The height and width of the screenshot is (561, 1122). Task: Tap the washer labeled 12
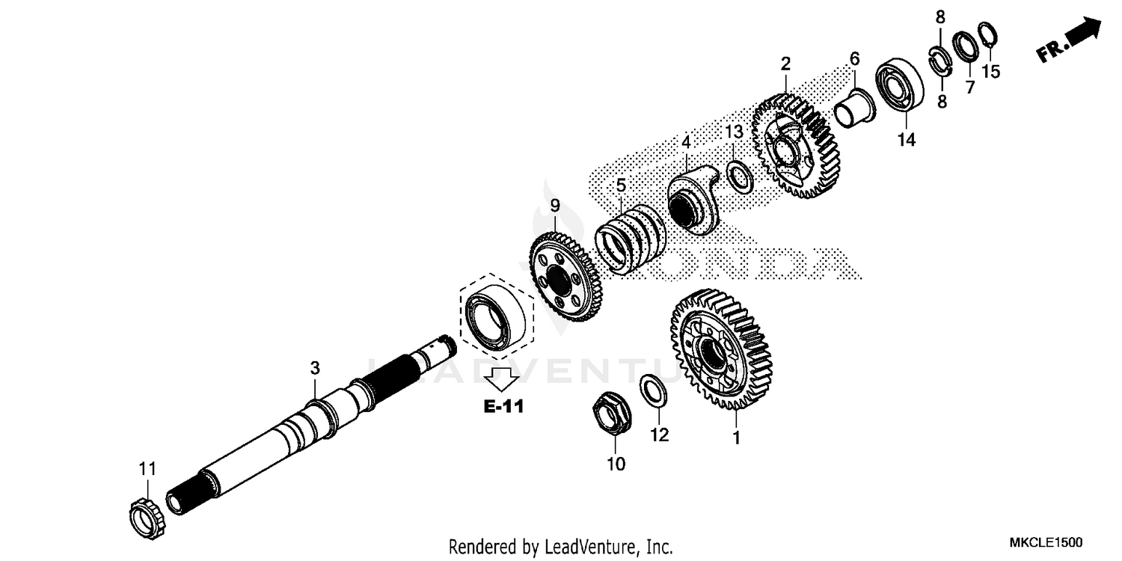tap(652, 391)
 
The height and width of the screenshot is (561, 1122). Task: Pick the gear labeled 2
tap(796, 146)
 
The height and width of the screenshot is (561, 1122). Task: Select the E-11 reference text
tap(503, 407)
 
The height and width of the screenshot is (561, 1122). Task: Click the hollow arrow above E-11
tap(501, 378)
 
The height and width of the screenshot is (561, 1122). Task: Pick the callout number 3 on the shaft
tap(315, 368)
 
